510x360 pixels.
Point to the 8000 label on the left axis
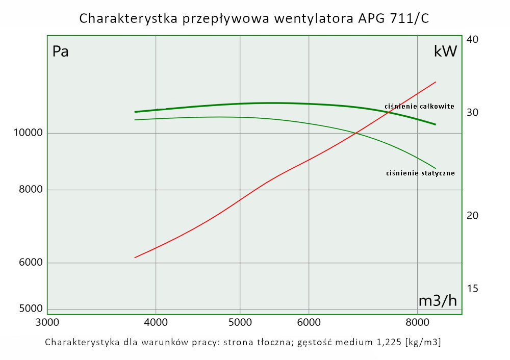pyautogui.click(x=30, y=190)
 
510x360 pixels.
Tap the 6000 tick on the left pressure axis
pyautogui.click(x=30, y=263)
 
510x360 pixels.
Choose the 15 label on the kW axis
pyautogui.click(x=472, y=289)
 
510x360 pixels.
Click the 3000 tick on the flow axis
pyautogui.click(x=47, y=322)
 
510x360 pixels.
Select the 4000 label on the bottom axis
pyautogui.click(x=156, y=322)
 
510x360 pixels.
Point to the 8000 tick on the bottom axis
pyautogui.click(x=418, y=322)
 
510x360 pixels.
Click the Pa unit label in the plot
pyautogui.click(x=61, y=52)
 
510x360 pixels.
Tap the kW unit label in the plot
pyautogui.click(x=445, y=51)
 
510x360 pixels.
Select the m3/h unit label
pyautogui.click(x=438, y=301)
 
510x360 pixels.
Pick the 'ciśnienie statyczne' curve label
pyautogui.click(x=421, y=173)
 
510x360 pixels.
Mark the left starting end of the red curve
pyautogui.click(x=135, y=258)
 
